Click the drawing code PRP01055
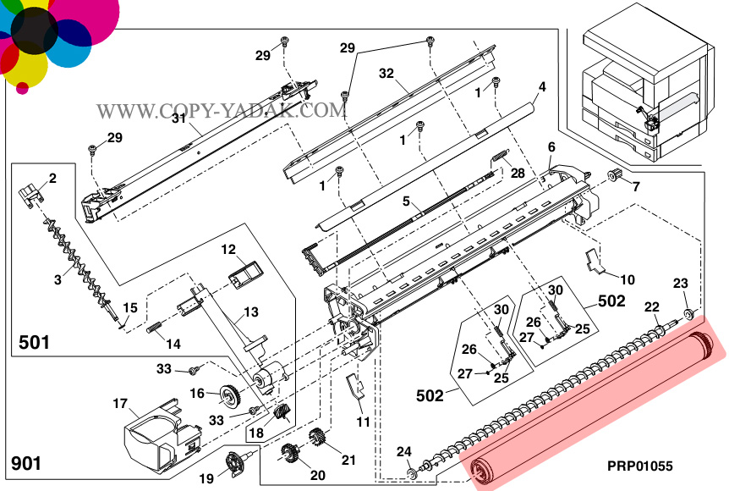[x=639, y=466]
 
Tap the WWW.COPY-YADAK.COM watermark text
[x=222, y=111]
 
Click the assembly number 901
[x=26, y=464]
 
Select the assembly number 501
[x=34, y=343]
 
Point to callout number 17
[x=120, y=403]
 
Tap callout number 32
[x=386, y=74]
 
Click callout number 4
[x=542, y=86]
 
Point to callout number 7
[x=636, y=185]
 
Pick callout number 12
[x=228, y=250]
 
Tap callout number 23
[x=681, y=283]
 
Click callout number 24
[x=404, y=450]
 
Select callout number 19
[x=206, y=479]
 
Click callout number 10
[x=628, y=279]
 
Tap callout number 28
[x=518, y=173]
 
